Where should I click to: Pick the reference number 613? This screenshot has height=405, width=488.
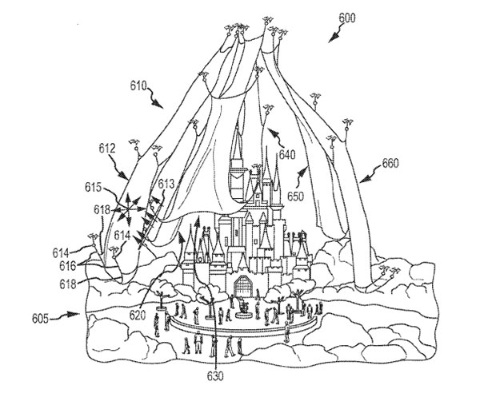click(x=166, y=184)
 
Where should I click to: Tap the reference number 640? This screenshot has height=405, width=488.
click(x=286, y=156)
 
